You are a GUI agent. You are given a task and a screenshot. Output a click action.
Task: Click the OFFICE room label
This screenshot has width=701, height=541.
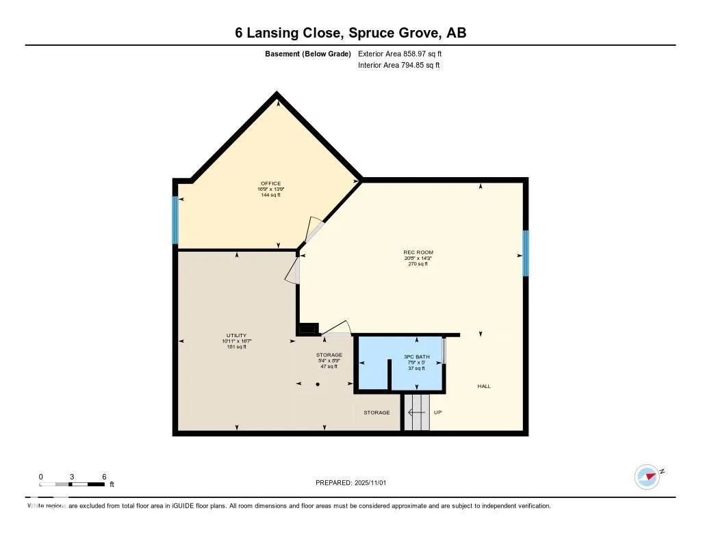(x=270, y=183)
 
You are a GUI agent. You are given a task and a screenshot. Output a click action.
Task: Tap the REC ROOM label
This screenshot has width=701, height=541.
(x=418, y=252)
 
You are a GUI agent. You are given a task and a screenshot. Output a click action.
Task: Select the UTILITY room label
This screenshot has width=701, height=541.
(x=236, y=336)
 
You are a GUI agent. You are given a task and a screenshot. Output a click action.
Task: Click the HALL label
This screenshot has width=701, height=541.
(x=484, y=386)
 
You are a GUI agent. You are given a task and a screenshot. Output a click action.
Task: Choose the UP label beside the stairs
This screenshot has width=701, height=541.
(x=438, y=412)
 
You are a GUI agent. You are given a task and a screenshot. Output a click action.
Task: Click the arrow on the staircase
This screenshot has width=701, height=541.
(x=416, y=412)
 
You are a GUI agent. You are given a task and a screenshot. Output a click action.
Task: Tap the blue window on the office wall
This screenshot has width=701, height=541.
(x=175, y=220)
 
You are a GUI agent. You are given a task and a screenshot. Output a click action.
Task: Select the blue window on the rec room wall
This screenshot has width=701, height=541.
(x=526, y=253)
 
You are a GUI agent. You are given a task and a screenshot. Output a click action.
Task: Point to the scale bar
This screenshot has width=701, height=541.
(x=72, y=484)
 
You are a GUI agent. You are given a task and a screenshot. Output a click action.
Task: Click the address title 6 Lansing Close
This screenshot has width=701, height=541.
(x=350, y=33)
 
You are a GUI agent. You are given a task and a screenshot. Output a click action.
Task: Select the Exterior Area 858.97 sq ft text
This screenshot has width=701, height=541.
(x=405, y=53)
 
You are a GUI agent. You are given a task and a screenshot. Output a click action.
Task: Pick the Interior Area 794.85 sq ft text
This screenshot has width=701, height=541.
(x=399, y=66)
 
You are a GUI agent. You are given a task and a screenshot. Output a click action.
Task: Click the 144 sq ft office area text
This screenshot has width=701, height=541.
(x=270, y=195)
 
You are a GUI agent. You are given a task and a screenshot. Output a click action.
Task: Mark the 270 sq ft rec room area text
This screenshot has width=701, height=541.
(x=418, y=264)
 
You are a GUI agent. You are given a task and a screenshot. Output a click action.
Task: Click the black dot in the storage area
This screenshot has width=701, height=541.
(x=318, y=384)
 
